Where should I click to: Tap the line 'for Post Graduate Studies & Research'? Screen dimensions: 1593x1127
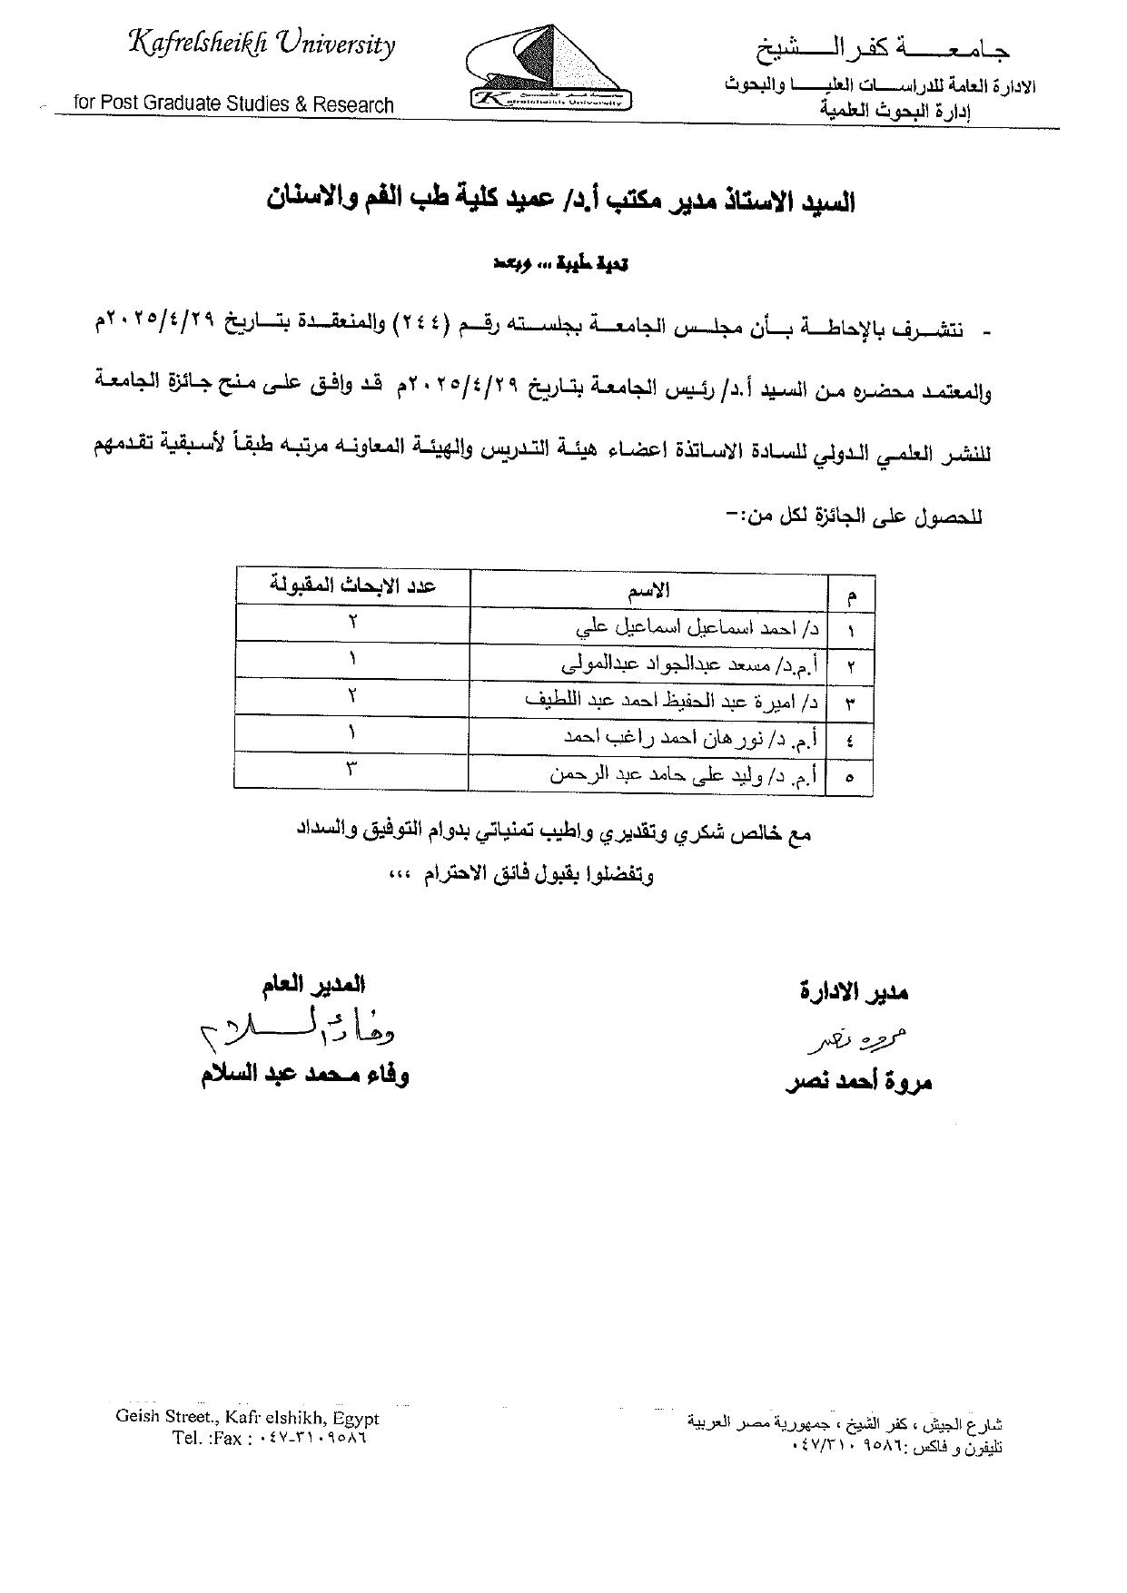coord(233,104)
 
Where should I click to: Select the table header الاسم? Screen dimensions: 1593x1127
coord(648,590)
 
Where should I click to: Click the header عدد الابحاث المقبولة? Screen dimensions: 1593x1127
coord(353,586)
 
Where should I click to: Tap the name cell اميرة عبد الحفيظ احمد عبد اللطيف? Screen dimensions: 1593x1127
coord(672,701)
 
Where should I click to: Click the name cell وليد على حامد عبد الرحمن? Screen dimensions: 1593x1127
coord(686,775)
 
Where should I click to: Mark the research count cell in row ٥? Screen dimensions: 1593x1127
coord(352,772)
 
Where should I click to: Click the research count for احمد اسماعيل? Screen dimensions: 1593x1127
coord(352,622)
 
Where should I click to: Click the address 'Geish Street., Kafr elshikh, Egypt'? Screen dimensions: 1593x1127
coord(247,1418)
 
